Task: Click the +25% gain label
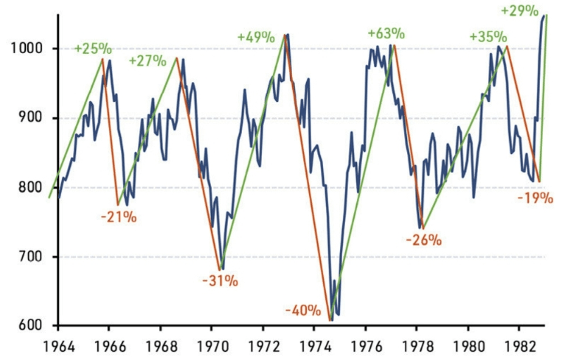93,49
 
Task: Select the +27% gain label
148,60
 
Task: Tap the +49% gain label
256,36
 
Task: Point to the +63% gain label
386,33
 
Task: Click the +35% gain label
488,36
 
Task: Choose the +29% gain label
518,11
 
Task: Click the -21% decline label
118,217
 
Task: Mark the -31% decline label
220,280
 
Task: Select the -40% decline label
303,309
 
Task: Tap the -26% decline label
423,240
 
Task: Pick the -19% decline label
535,198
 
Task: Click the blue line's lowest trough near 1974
331,319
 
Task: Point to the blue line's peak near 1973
287,34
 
